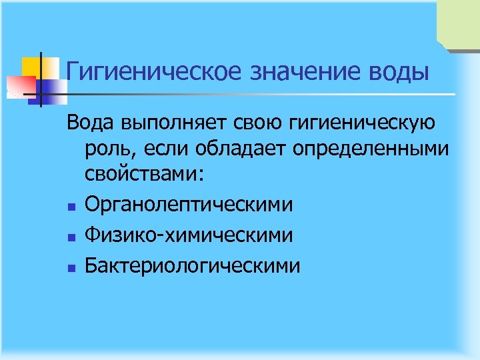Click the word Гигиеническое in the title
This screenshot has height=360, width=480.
tap(154, 71)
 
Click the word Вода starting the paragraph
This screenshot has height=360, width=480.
tap(91, 123)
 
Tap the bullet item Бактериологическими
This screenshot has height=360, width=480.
tap(193, 265)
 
